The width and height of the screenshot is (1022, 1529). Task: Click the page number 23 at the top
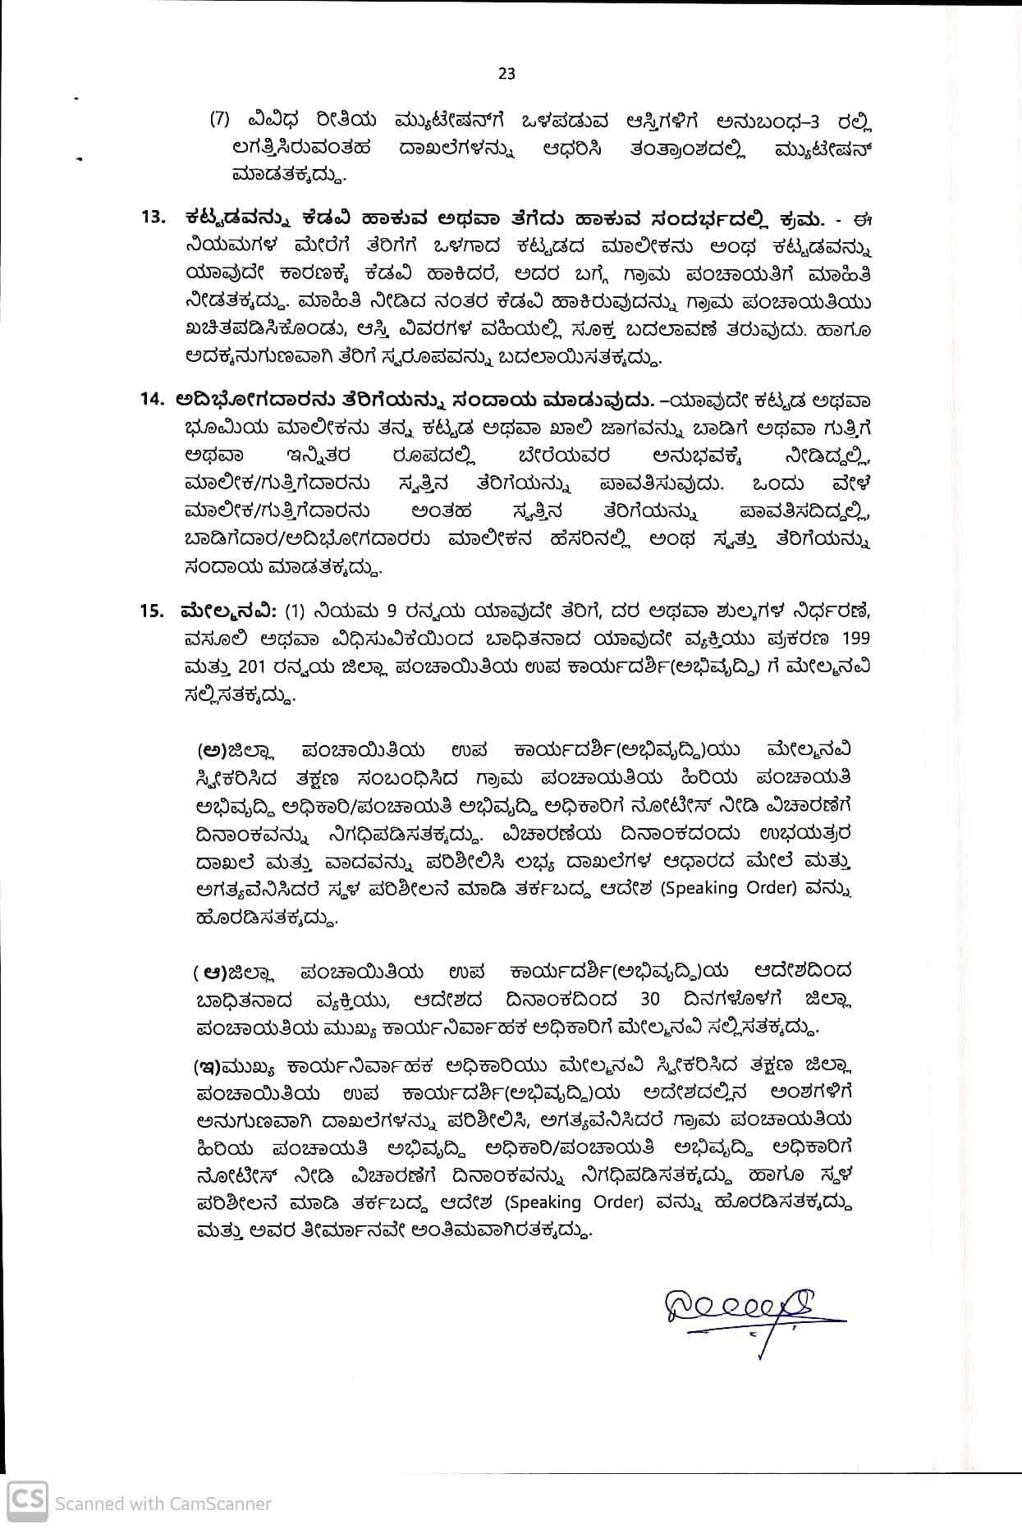506,74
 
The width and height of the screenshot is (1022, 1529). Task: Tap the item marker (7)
220,120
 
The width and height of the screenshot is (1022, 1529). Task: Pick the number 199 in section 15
854,639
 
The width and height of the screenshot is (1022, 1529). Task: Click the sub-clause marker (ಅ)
213,749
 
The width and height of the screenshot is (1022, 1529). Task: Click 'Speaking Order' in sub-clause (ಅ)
747,889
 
